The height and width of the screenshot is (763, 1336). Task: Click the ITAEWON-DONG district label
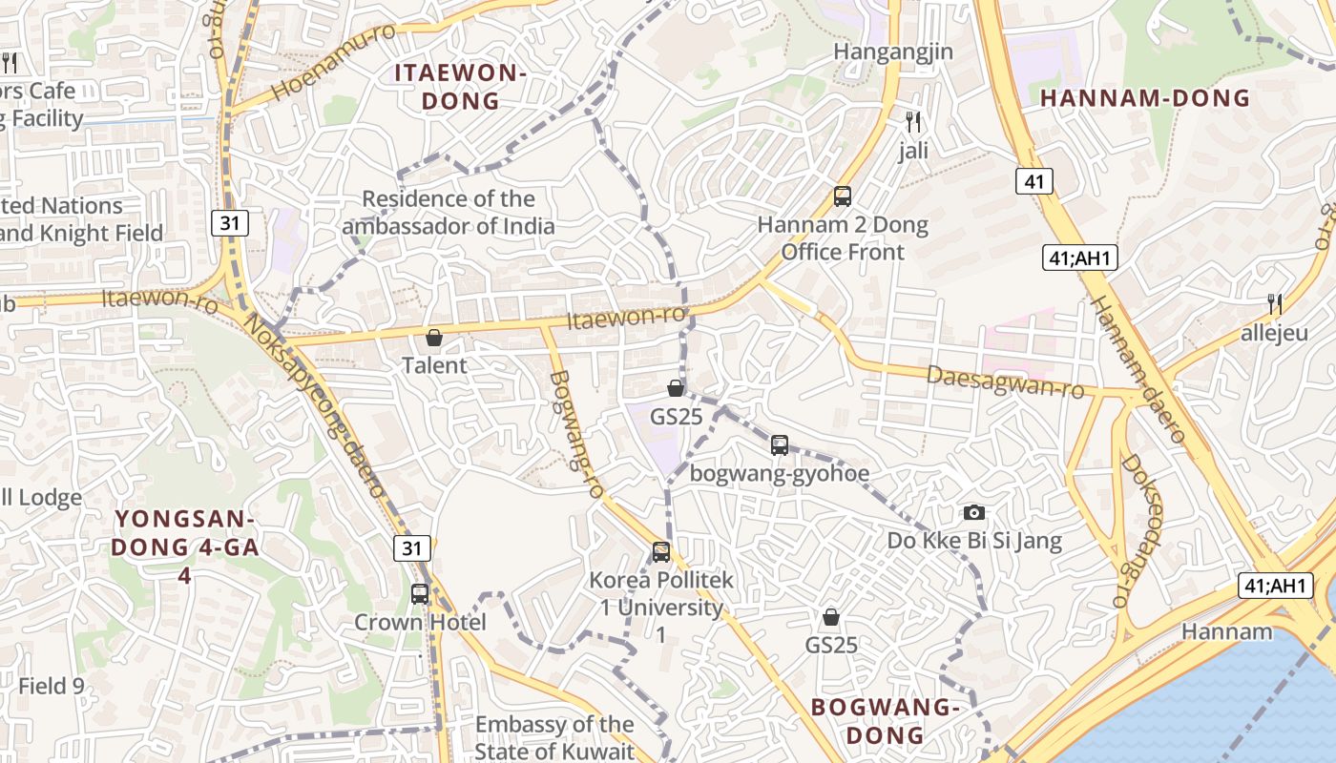tap(461, 87)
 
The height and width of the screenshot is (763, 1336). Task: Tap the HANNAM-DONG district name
tap(1144, 97)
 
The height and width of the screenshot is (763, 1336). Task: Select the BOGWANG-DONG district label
tap(884, 721)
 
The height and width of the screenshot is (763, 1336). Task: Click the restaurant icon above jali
tap(913, 121)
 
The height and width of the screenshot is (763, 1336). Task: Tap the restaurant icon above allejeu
tap(1275, 304)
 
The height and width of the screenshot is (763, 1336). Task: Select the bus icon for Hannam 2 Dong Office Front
tap(843, 196)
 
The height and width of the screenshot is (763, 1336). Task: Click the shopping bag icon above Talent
tap(434, 337)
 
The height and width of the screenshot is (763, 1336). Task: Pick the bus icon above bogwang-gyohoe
tap(780, 444)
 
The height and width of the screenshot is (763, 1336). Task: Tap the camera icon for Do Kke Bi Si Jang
tap(973, 512)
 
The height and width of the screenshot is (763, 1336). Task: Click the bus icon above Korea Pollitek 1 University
tap(661, 551)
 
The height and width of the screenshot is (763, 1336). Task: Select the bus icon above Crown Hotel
tap(420, 593)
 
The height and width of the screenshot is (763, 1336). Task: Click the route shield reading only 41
tap(1034, 181)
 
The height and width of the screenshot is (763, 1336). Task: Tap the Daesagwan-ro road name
tap(1005, 382)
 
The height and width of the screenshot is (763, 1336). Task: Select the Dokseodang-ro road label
tap(1139, 530)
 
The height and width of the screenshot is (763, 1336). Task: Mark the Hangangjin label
tap(893, 52)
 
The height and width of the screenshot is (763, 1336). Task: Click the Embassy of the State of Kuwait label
tap(554, 737)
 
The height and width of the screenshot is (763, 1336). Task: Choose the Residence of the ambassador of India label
tap(449, 213)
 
